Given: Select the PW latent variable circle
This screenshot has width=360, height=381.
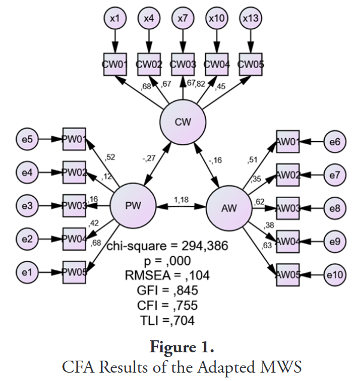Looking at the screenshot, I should pos(133,206).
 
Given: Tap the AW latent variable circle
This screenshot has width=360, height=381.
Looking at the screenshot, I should pos(229,208).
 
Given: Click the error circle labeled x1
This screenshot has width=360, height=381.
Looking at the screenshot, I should pos(115,19).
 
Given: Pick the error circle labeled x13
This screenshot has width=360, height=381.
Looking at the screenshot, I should pos(250,19).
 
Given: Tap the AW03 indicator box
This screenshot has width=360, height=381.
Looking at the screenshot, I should pos(288,209).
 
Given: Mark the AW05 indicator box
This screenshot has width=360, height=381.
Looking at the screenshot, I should pos(288,275).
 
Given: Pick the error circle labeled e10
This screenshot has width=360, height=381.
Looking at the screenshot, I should pos(334,275).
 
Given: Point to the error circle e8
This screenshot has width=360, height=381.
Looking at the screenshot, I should pos(334,209).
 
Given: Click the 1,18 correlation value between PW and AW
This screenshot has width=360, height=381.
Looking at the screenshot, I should pos(181,199).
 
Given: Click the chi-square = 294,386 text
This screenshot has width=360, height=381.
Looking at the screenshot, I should pos(167,245).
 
